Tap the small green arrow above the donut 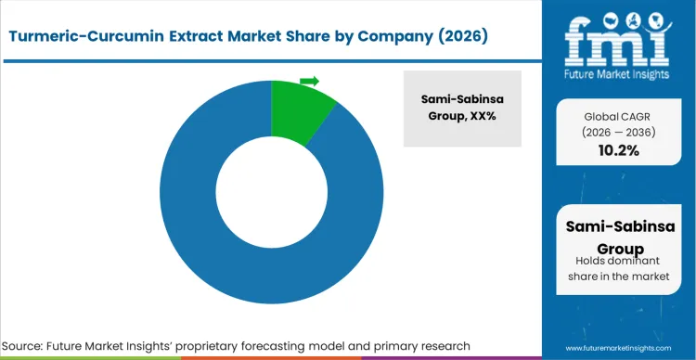tap(310, 81)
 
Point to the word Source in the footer tap(28, 345)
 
